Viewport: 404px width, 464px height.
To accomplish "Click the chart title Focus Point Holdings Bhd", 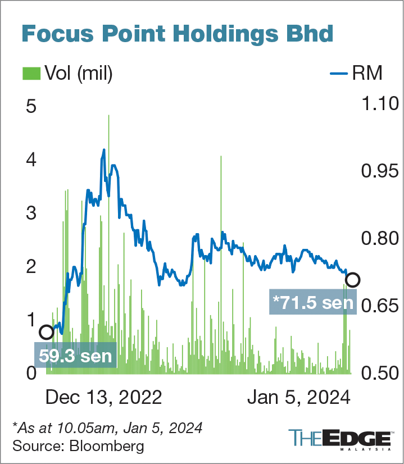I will (x=177, y=34).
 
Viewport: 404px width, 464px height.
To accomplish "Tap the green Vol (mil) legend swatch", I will (x=31, y=73).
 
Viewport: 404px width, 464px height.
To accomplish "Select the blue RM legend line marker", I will (x=337, y=73).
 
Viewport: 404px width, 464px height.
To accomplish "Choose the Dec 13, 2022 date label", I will (x=103, y=398).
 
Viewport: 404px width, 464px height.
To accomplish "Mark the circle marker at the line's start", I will (x=46, y=332).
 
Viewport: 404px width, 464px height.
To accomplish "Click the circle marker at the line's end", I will (x=352, y=280).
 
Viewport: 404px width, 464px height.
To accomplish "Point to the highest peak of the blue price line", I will (x=104, y=150).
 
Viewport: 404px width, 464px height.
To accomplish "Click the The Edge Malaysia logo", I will (x=339, y=440).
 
